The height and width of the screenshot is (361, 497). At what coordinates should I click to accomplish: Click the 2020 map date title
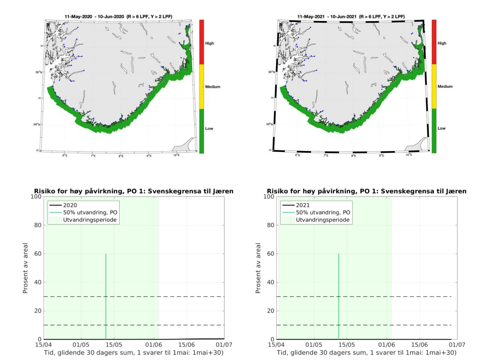tap(118, 17)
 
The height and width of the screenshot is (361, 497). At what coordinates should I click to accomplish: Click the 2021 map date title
tap(351, 17)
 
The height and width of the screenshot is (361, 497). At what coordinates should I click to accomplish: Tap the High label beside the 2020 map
tap(209, 43)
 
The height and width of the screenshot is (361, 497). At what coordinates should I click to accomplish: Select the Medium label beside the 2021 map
tap(445, 87)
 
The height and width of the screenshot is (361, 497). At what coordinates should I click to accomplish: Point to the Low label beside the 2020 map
tap(209, 129)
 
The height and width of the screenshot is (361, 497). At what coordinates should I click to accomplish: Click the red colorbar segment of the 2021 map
tap(434, 42)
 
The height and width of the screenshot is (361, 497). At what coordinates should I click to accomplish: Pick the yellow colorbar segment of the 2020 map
tap(201, 87)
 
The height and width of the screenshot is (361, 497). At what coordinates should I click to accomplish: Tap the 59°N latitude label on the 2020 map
tap(39, 72)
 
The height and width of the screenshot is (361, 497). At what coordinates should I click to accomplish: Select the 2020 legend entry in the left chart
tap(70, 205)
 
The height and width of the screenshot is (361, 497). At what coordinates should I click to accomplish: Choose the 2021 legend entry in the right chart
tap(303, 205)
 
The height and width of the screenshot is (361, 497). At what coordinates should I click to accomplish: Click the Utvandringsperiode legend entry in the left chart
tap(90, 220)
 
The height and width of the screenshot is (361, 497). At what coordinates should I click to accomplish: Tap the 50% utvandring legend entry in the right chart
tap(323, 212)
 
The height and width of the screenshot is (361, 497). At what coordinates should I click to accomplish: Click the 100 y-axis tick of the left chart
tap(36, 197)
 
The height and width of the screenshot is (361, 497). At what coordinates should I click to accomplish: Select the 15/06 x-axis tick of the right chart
tap(419, 345)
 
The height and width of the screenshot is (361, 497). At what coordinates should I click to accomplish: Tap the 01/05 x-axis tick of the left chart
tap(81, 345)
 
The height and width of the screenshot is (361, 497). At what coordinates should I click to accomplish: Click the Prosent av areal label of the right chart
tap(258, 268)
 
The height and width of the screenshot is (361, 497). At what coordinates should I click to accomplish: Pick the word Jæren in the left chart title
tap(223, 191)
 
